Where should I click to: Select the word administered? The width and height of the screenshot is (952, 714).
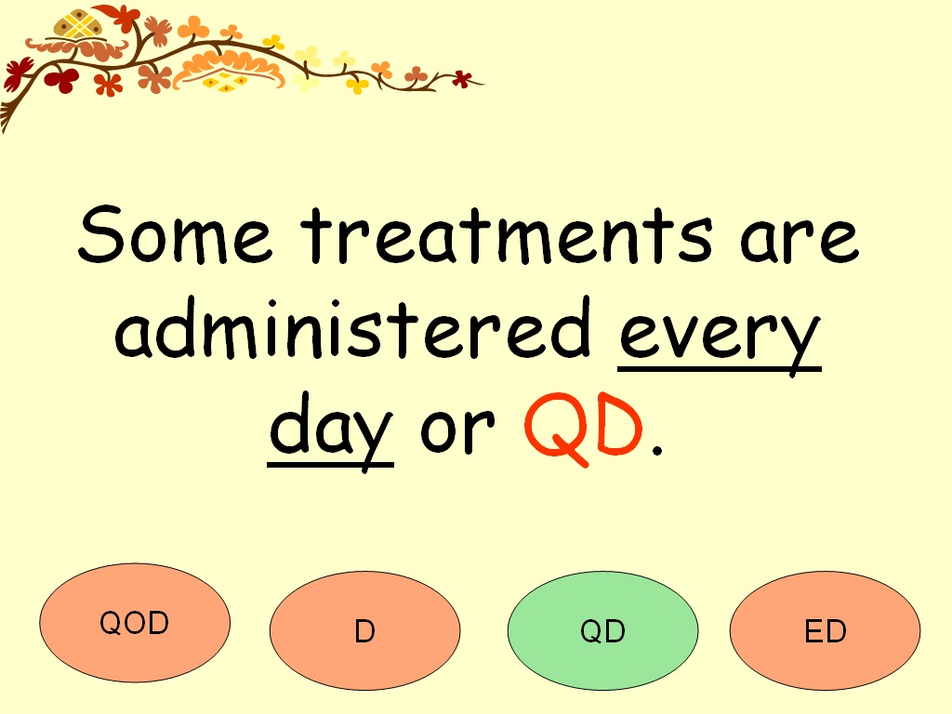coord(353,330)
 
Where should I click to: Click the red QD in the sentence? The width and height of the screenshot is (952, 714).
coord(584,426)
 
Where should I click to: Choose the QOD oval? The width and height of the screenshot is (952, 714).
coord(135,623)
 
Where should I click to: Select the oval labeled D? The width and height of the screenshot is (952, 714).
coord(364,631)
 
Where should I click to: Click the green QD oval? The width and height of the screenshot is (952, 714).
coord(602,631)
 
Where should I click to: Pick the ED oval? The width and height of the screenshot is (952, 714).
coord(825,631)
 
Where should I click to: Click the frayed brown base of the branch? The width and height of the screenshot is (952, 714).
coord(7,116)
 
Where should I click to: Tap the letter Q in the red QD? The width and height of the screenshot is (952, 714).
coord(553,426)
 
